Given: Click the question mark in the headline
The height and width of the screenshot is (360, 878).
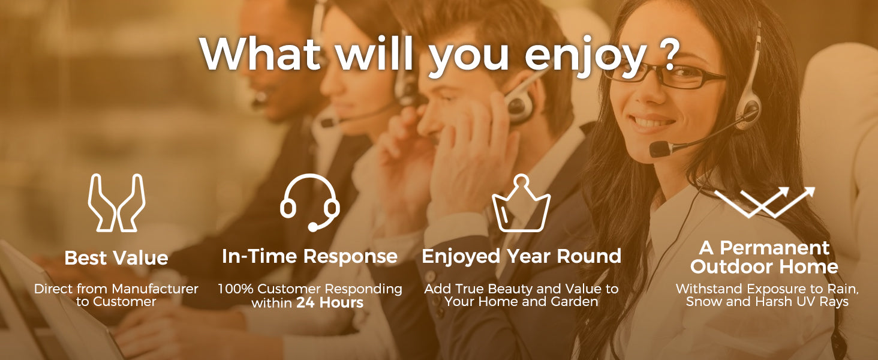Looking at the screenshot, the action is tap(666, 53).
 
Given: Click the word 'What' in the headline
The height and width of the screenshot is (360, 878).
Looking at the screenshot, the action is tap(260, 53).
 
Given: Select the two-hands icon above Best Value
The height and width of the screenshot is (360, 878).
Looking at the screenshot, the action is tap(116, 202).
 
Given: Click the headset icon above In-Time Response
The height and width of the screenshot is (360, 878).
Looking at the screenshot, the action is tap(309, 202).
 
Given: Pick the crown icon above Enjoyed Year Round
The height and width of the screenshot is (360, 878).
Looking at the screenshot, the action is tap(521, 203).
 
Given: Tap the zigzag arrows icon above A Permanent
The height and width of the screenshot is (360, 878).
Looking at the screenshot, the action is tap(764, 202).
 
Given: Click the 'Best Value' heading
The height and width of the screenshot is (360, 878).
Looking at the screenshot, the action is tap(116, 258).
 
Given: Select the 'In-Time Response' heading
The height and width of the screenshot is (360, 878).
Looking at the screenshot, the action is tap(309, 256).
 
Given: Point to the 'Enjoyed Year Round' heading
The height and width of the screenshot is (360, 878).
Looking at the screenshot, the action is tap(521, 256).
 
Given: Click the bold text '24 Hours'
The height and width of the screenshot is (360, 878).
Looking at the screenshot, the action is tap(330, 302).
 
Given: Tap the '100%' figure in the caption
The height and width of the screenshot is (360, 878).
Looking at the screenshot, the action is tap(236, 289).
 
